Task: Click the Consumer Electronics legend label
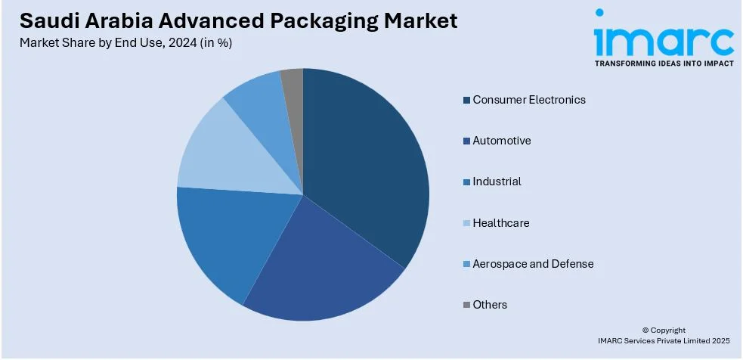pos(529,100)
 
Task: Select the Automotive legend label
pos(502,141)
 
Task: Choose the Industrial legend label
pos(497,182)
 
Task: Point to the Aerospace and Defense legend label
pos(533,264)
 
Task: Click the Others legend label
pos(490,305)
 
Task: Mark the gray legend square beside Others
pos(466,306)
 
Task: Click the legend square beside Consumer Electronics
pos(466,101)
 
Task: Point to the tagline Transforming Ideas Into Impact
pos(664,64)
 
